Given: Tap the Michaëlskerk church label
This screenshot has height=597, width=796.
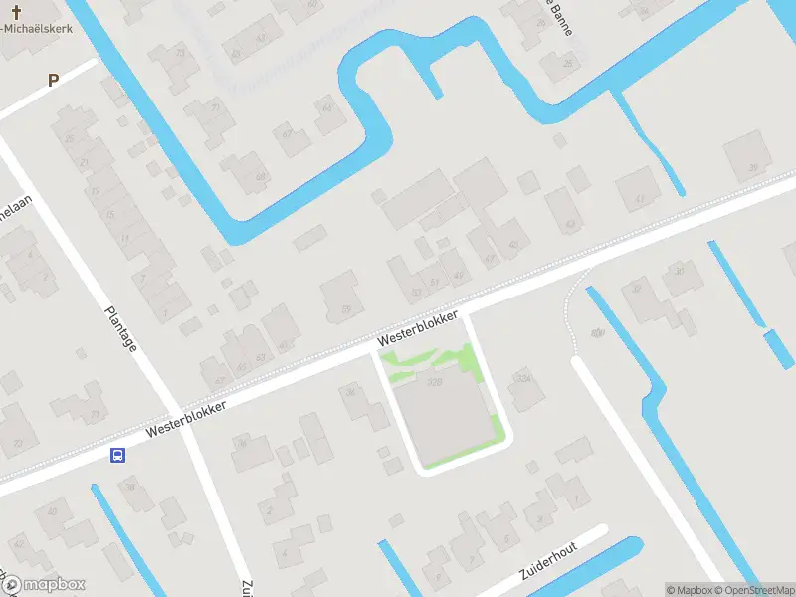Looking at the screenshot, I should (x=42, y=28).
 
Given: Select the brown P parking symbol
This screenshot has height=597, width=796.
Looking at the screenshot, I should (x=53, y=80).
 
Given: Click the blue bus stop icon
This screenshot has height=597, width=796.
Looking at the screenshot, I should (x=117, y=456).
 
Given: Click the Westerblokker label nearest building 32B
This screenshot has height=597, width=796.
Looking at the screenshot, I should (x=418, y=329).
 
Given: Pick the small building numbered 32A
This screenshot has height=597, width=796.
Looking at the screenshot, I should (x=522, y=378).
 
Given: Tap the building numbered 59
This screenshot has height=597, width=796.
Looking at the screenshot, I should (x=345, y=308).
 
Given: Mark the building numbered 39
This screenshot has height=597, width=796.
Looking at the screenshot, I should (x=752, y=167).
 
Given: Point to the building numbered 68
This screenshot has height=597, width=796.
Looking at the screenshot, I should (x=261, y=177).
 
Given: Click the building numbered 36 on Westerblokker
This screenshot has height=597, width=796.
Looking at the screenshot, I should (x=351, y=393).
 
